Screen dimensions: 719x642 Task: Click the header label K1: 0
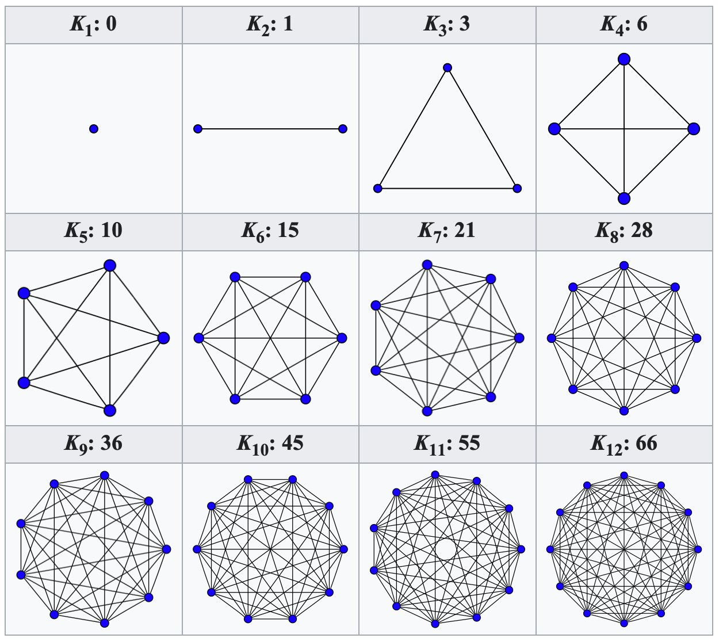pos(94,25)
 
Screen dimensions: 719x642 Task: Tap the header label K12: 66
pos(624,444)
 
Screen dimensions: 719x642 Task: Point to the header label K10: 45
pos(270,444)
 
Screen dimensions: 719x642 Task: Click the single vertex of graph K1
pos(94,129)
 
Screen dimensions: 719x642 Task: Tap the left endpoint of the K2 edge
pos(198,129)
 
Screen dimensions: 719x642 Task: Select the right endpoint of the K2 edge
pos(343,129)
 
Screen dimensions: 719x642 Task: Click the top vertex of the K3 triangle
pos(448,68)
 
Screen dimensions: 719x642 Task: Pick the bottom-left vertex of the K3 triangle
pos(378,188)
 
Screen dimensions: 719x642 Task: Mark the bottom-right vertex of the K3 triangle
pos(517,188)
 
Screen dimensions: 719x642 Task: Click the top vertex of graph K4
pos(624,59)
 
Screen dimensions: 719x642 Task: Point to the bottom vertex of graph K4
pos(624,198)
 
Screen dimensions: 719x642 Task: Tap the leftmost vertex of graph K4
pos(554,129)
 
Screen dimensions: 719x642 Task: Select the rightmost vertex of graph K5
pos(163,338)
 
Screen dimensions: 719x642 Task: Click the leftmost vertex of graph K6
pos(199,338)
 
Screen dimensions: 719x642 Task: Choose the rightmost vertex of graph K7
pos(519,338)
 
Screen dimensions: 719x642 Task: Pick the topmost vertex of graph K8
pos(624,266)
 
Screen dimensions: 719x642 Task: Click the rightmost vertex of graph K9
pos(166,549)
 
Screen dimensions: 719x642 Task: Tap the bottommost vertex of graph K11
pos(435,624)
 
